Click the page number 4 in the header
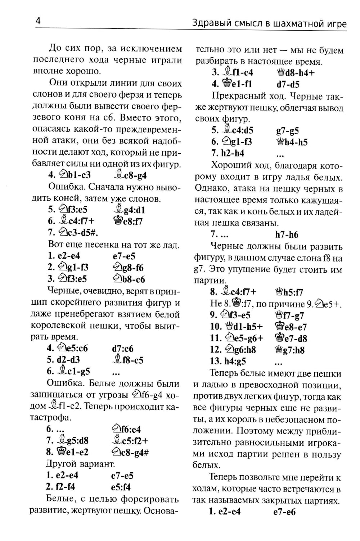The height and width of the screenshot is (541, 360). [x=38, y=21]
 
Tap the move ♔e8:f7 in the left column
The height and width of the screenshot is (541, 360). [x=128, y=221]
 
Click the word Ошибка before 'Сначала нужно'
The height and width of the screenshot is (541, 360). [x=66, y=187]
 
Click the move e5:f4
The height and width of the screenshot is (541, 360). [x=121, y=487]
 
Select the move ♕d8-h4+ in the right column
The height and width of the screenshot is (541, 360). [x=295, y=73]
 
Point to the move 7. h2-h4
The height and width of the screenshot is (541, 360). [x=228, y=153]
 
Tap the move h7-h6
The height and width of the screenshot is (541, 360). [x=287, y=235]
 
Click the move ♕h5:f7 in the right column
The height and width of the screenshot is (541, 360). [x=289, y=292]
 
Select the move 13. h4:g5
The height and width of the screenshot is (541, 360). [x=228, y=361]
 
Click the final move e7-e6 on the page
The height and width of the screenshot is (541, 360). [x=284, y=512]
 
